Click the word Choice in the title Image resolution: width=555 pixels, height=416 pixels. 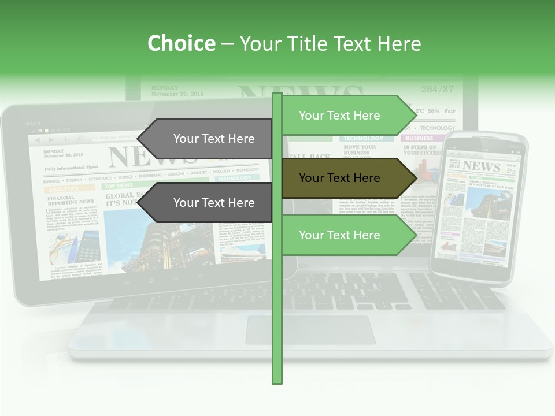(181, 43)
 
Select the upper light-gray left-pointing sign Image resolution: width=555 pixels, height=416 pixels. (208, 139)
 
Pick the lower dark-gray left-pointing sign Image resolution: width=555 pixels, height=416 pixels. (208, 203)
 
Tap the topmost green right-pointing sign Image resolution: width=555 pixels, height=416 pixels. (344, 116)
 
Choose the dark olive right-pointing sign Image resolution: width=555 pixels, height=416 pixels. (344, 178)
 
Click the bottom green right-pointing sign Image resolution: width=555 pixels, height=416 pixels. (344, 235)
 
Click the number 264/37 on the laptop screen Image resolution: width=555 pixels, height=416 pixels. (437, 90)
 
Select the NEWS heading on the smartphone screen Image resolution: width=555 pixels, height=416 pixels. (481, 166)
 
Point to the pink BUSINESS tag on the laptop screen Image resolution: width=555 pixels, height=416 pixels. (419, 139)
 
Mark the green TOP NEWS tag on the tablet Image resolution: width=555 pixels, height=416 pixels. (118, 186)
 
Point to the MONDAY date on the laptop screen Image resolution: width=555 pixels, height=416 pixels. (165, 88)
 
